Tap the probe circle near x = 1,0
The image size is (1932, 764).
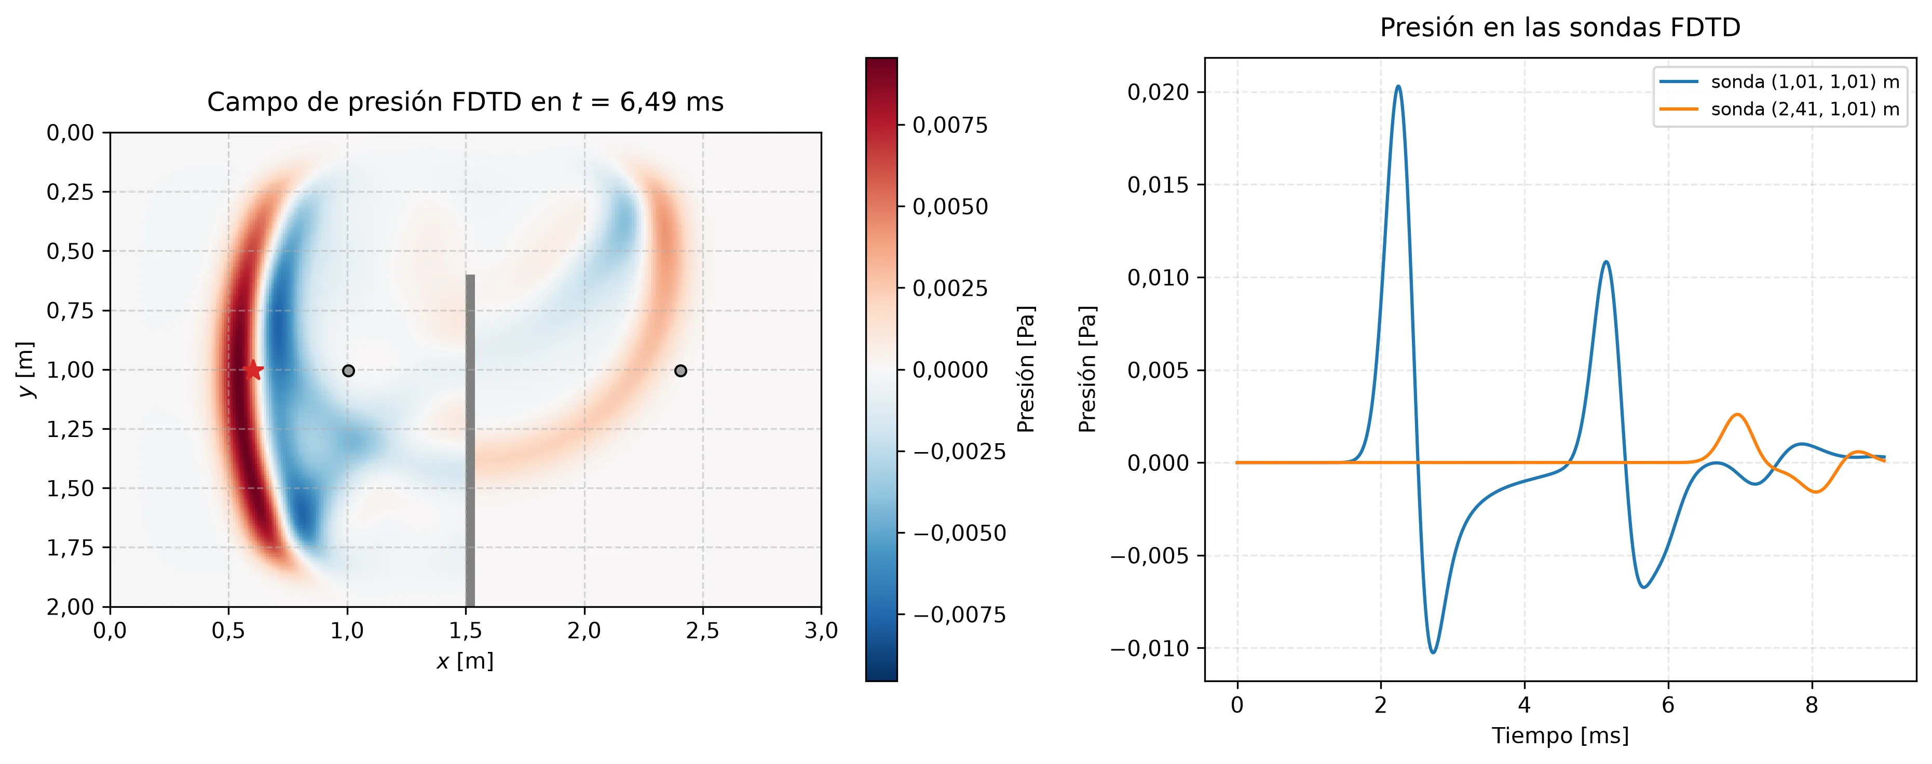click(348, 371)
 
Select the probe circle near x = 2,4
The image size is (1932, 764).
click(681, 371)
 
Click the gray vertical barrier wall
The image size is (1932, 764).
click(470, 440)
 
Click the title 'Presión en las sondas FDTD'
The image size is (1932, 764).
click(1560, 28)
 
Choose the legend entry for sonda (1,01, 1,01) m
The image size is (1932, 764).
click(1779, 81)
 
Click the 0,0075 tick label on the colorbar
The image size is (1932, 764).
click(950, 125)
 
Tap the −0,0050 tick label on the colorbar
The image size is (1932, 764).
click(959, 533)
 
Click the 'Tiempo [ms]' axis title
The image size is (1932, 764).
click(1560, 735)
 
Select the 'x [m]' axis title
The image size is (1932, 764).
click(465, 661)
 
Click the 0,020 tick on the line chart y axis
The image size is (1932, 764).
click(1158, 92)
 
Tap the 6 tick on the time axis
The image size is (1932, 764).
click(1668, 705)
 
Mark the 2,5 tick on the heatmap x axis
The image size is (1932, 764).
click(703, 631)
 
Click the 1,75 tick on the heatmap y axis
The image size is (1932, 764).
click(71, 548)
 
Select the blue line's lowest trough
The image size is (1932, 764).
click(1433, 652)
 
